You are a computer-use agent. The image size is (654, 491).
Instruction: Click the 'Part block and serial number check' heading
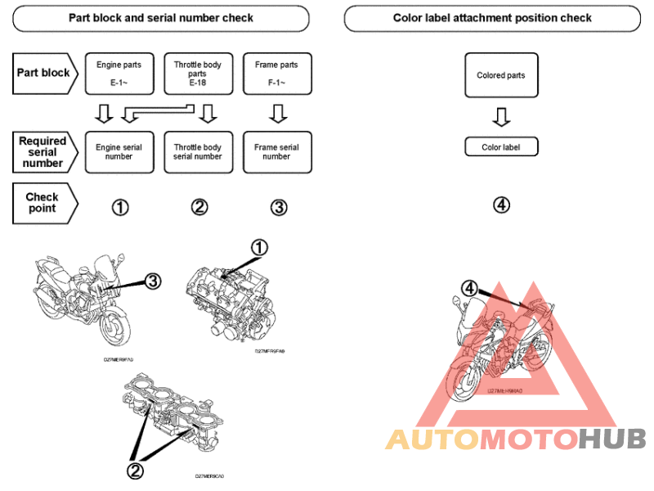pyautogui.click(x=160, y=18)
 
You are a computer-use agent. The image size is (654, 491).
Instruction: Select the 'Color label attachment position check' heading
pyautogui.click(x=492, y=18)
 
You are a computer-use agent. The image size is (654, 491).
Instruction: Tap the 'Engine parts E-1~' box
pyautogui.click(x=119, y=73)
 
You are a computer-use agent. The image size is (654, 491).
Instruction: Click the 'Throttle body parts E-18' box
pyautogui.click(x=197, y=73)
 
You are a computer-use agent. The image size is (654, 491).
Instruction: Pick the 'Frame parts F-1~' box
pyautogui.click(x=276, y=73)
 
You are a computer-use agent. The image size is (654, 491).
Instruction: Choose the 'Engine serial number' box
pyautogui.click(x=119, y=152)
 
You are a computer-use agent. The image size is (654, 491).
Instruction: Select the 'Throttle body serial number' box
pyautogui.click(x=197, y=152)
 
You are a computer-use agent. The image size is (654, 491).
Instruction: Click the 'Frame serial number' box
pyautogui.click(x=276, y=152)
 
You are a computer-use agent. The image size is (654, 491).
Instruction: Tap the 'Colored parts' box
pyautogui.click(x=501, y=76)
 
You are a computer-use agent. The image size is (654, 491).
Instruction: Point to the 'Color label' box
pyautogui.click(x=501, y=147)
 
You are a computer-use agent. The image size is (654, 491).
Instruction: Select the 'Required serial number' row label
pyautogui.click(x=43, y=152)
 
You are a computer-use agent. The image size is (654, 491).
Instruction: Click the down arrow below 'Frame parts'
pyautogui.click(x=278, y=113)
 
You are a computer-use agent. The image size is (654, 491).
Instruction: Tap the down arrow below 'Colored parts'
pyautogui.click(x=501, y=118)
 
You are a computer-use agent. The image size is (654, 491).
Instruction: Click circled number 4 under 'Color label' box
pyautogui.click(x=501, y=205)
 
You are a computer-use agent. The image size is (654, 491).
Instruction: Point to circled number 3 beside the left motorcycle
pyautogui.click(x=152, y=282)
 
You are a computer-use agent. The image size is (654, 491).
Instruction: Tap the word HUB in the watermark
pyautogui.click(x=612, y=439)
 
